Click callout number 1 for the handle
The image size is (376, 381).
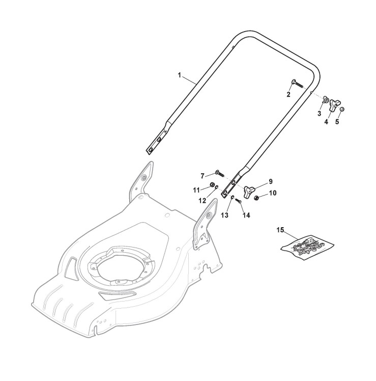180,75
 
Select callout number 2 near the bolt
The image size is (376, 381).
288,95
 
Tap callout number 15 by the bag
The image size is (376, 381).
280,230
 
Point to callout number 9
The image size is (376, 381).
270,181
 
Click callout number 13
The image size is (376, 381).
225,215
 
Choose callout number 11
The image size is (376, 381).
196,190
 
